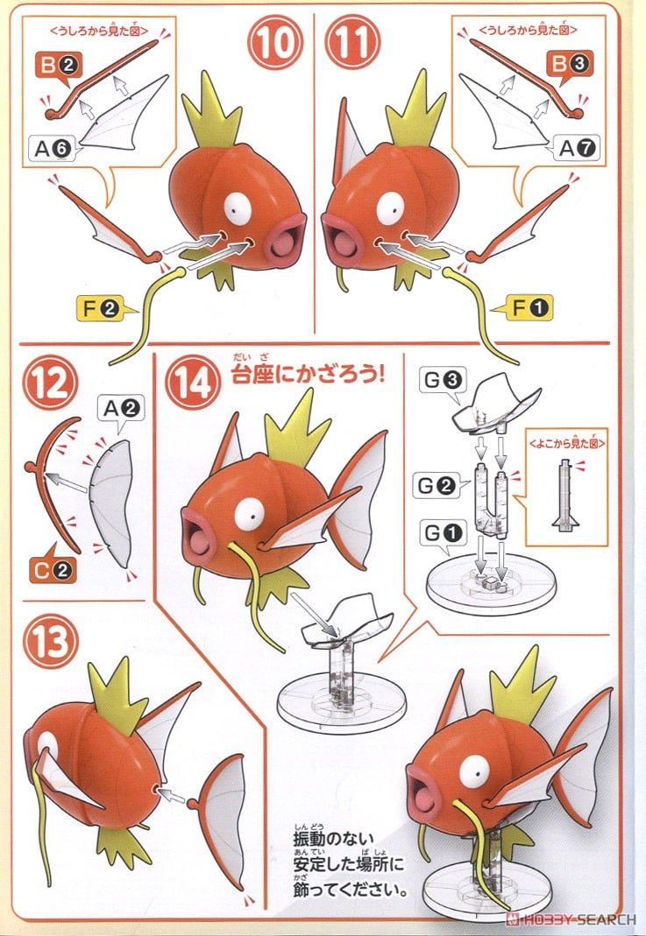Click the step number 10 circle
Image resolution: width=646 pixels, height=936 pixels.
point(274,43)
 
